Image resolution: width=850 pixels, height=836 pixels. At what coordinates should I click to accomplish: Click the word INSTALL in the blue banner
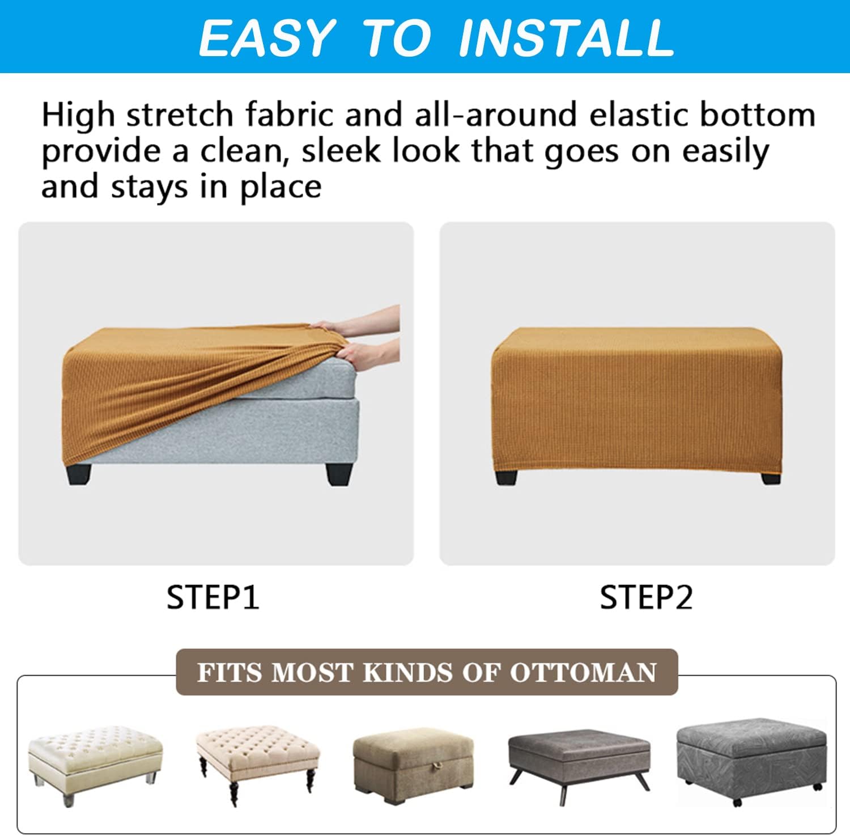coord(566,38)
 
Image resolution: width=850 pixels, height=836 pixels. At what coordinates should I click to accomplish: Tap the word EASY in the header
coord(266,38)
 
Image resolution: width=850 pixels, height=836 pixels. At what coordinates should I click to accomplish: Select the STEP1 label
coord(213,597)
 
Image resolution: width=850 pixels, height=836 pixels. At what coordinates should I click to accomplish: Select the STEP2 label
coord(647,597)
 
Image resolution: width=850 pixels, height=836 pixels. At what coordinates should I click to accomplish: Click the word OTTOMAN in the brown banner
coord(583,673)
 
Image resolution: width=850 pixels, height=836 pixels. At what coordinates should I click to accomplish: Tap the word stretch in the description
coord(180,114)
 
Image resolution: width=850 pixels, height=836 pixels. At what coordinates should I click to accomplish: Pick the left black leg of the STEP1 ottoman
coord(79,474)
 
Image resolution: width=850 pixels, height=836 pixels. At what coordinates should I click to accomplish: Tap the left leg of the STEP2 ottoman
coord(506,477)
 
